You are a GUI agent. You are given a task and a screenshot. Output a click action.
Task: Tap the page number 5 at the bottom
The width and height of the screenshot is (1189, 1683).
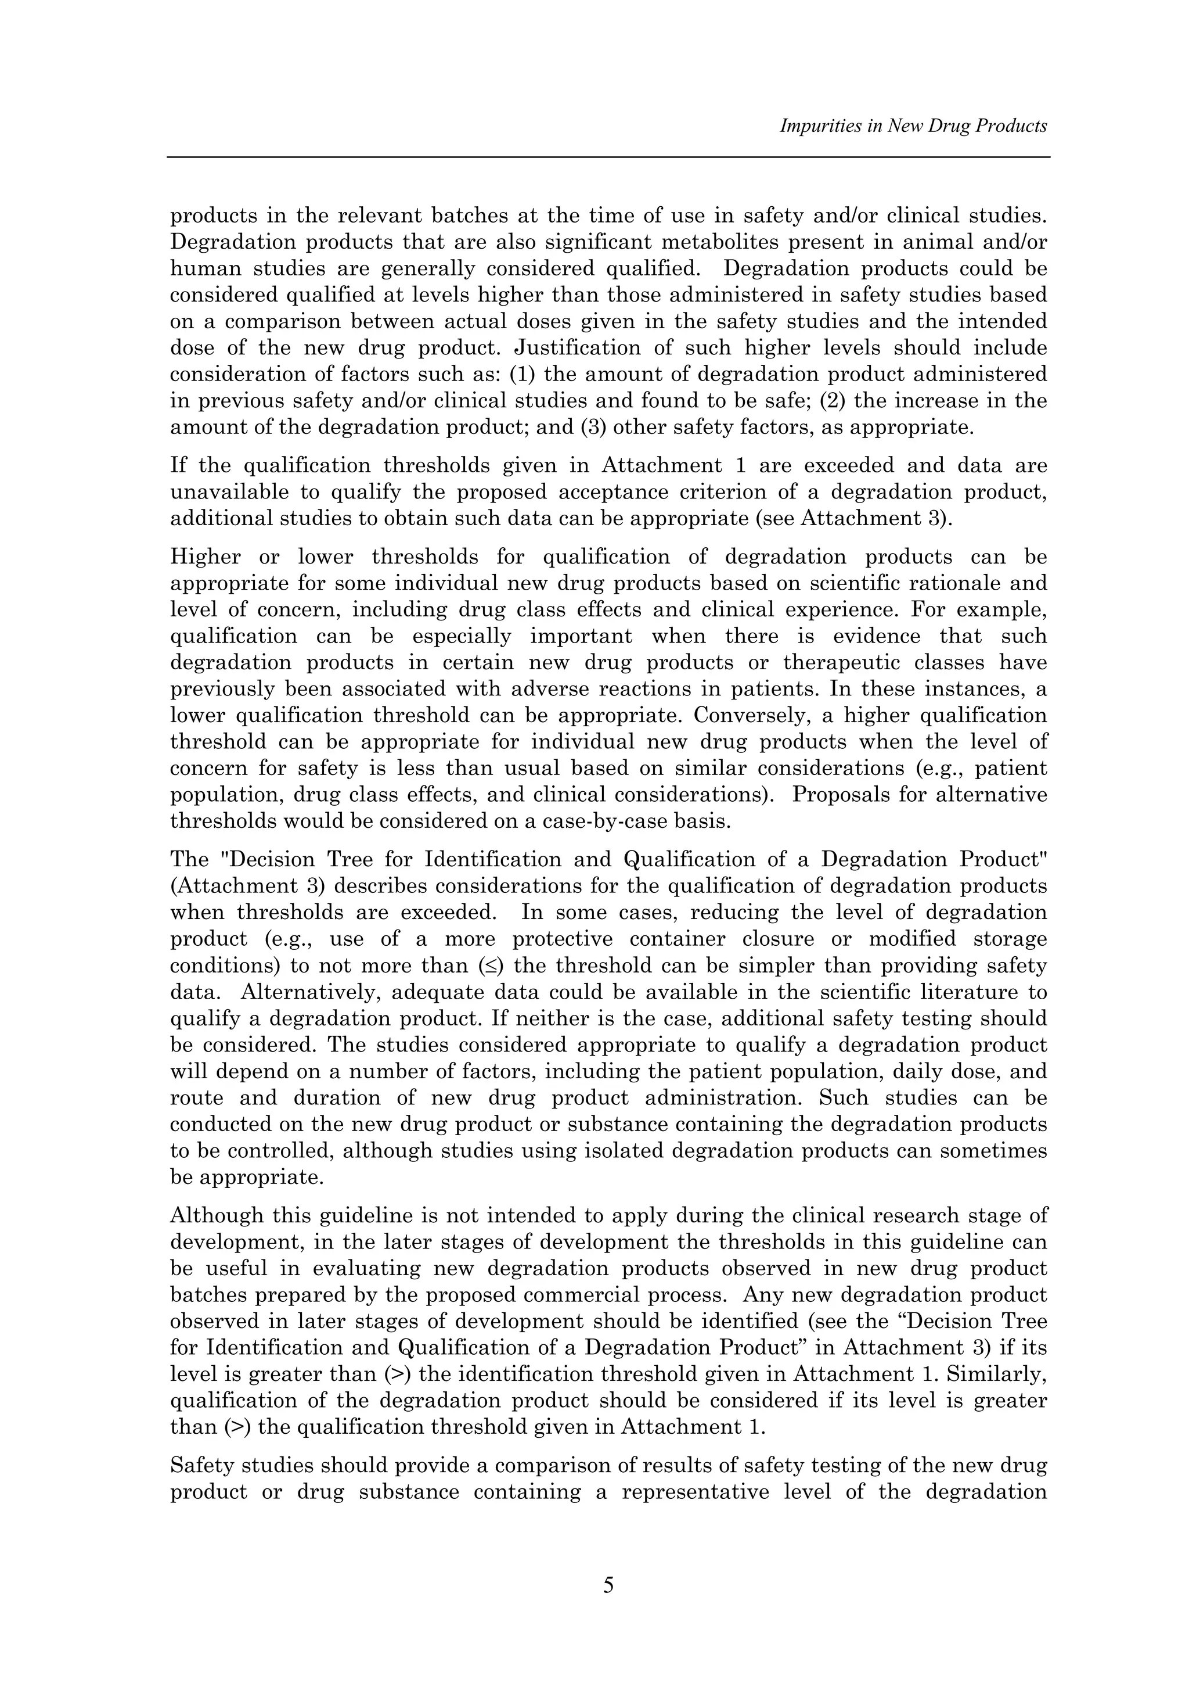click(x=608, y=1585)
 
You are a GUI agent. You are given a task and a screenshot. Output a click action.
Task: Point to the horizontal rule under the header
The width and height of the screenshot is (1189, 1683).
click(x=608, y=157)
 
